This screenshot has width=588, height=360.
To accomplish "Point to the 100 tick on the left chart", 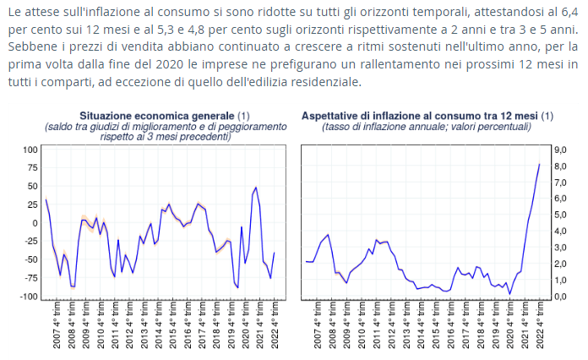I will click(x=30, y=149).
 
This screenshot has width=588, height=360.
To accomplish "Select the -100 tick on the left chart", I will click(x=29, y=297).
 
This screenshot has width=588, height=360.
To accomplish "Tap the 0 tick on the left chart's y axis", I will click(x=35, y=223).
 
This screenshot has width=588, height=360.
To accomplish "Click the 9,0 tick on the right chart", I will click(x=558, y=149).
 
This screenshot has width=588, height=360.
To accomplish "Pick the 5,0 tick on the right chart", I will click(x=558, y=215).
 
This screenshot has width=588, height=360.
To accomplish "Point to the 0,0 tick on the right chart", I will click(x=558, y=297).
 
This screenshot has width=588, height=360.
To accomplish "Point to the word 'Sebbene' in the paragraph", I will click(x=32, y=46).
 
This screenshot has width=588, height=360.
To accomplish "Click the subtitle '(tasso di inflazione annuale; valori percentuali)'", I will click(x=427, y=127).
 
